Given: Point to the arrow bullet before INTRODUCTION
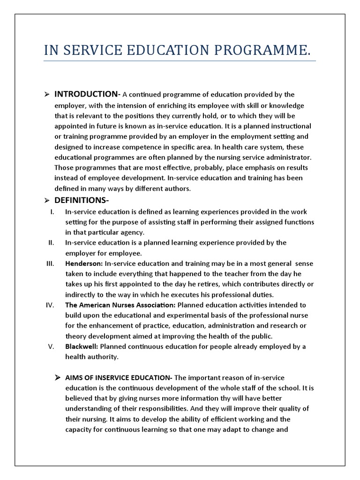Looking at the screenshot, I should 47,95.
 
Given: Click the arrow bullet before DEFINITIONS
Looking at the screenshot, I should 47,201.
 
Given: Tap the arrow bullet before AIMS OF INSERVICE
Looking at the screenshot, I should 57,378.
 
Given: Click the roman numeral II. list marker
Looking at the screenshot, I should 52,242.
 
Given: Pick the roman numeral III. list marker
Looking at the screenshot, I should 51,263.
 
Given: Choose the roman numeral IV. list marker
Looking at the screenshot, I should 51,305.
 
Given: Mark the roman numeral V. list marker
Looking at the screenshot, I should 52,346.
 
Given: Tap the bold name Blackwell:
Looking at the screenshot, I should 82,346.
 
